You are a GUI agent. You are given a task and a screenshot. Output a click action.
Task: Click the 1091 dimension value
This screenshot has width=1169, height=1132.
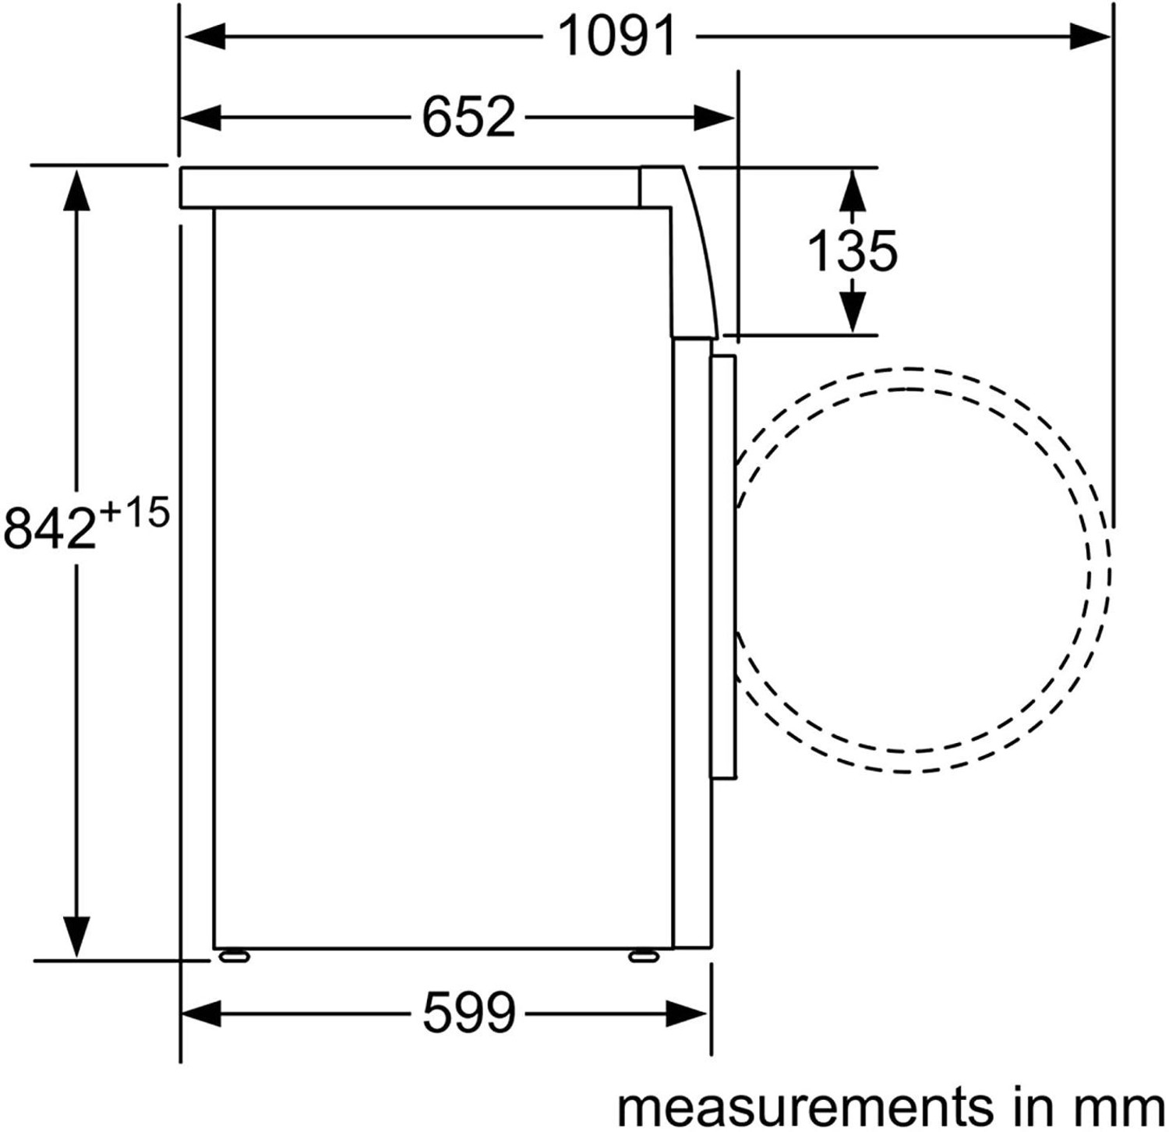pyautogui.click(x=617, y=37)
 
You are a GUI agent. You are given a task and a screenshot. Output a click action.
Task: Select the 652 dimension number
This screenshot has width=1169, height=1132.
pyautogui.click(x=468, y=118)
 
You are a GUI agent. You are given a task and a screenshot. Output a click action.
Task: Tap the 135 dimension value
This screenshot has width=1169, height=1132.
pyautogui.click(x=852, y=251)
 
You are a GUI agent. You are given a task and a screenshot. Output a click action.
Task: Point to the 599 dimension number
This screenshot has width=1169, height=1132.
pyautogui.click(x=468, y=1013)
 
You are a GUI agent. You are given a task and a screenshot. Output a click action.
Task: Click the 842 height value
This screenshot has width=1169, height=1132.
pyautogui.click(x=50, y=527)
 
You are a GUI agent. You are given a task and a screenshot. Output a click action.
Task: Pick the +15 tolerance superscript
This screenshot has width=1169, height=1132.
pyautogui.click(x=134, y=514)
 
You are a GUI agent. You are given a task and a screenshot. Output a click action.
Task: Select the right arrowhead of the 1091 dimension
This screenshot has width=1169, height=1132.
pyautogui.click(x=1089, y=37)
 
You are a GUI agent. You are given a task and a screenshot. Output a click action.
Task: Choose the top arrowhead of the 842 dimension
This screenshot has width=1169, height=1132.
pyautogui.click(x=76, y=191)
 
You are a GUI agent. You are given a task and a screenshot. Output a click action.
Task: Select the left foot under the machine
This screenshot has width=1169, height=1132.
pyautogui.click(x=234, y=955)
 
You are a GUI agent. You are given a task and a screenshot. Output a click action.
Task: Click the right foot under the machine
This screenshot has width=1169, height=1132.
pyautogui.click(x=643, y=955)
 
